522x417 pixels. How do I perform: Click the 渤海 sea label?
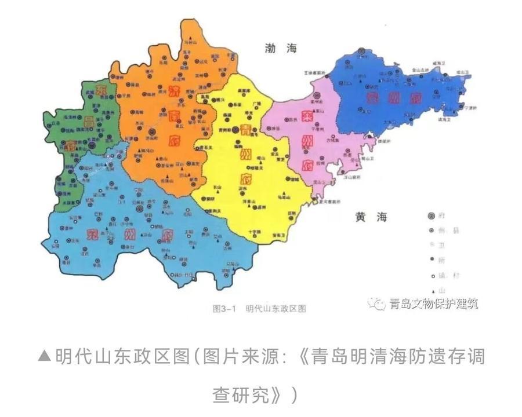click(x=280, y=48)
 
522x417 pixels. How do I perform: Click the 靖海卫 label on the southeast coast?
click(x=449, y=119)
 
